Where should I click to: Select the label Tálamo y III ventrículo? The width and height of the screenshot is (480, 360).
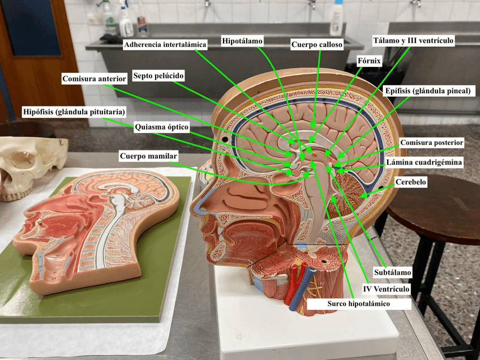(413, 41)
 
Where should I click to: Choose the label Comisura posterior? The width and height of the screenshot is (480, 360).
(432, 142)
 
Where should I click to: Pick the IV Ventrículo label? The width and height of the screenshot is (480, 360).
(386, 289)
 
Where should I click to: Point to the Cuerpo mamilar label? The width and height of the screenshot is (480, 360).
(149, 156)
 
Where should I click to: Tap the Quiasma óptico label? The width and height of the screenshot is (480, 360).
(161, 127)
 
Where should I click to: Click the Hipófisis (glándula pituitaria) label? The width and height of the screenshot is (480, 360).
(74, 112)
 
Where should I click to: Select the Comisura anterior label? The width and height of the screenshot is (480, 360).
(94, 79)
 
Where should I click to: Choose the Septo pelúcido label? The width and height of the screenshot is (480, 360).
(158, 75)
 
